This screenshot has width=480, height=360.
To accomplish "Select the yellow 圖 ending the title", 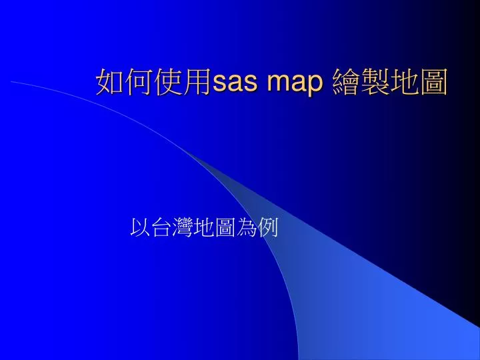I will tap(434, 83).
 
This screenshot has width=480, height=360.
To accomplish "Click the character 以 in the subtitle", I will tap(141, 229).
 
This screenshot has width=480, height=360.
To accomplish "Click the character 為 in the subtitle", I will tap(246, 229).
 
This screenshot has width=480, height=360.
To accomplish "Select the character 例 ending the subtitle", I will tap(267, 229).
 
